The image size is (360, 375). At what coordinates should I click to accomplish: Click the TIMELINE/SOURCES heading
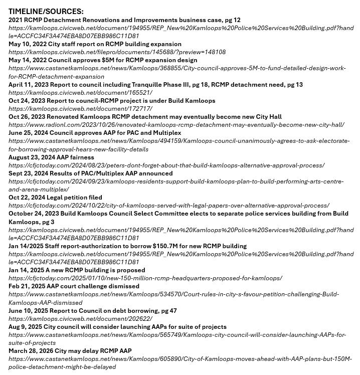pos(46,11)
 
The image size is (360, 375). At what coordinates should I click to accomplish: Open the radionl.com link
pos(176,125)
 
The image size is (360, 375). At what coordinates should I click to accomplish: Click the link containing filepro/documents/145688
pos(117,52)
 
